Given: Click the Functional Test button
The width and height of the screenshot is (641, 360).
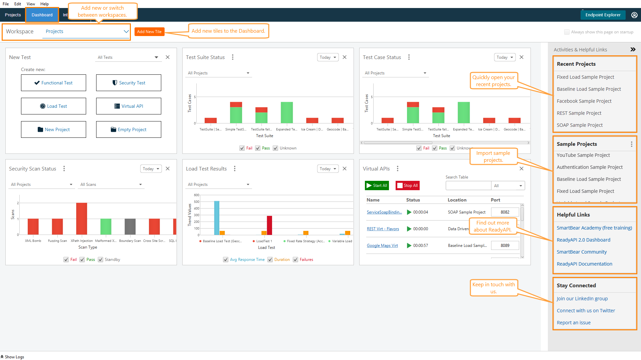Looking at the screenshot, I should click(53, 83).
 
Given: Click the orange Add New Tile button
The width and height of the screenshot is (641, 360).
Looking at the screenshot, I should click(149, 32).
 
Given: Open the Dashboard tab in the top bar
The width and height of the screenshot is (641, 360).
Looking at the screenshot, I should click(42, 15).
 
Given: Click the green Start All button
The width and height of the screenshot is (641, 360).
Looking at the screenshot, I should click(377, 186).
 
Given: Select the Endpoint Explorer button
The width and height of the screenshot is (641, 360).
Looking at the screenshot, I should click(603, 15).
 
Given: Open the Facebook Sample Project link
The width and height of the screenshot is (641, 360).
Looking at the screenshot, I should click(584, 101).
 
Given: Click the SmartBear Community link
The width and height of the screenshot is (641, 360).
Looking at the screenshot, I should click(582, 252).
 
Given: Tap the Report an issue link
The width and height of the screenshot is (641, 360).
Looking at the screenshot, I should click(574, 323).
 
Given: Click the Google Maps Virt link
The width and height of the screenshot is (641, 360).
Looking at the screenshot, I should click(382, 246).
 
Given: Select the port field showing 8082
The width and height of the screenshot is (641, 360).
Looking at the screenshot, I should click(505, 212).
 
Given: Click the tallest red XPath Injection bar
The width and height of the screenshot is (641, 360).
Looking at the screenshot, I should click(81, 219).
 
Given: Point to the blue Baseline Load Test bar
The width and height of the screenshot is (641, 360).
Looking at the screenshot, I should click(217, 218).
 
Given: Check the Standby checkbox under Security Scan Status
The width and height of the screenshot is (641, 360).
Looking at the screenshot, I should click(100, 260).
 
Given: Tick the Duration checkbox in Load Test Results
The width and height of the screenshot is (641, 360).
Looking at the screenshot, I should click(270, 260).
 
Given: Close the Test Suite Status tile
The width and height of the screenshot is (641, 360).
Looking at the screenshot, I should click(345, 57).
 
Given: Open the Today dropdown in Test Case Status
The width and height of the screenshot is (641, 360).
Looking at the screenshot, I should click(504, 57).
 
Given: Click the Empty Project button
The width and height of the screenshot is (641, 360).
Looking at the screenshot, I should click(129, 129).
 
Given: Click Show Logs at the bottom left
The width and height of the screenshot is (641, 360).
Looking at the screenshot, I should click(12, 357).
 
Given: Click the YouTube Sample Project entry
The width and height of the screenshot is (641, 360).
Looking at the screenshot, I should click(583, 155).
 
